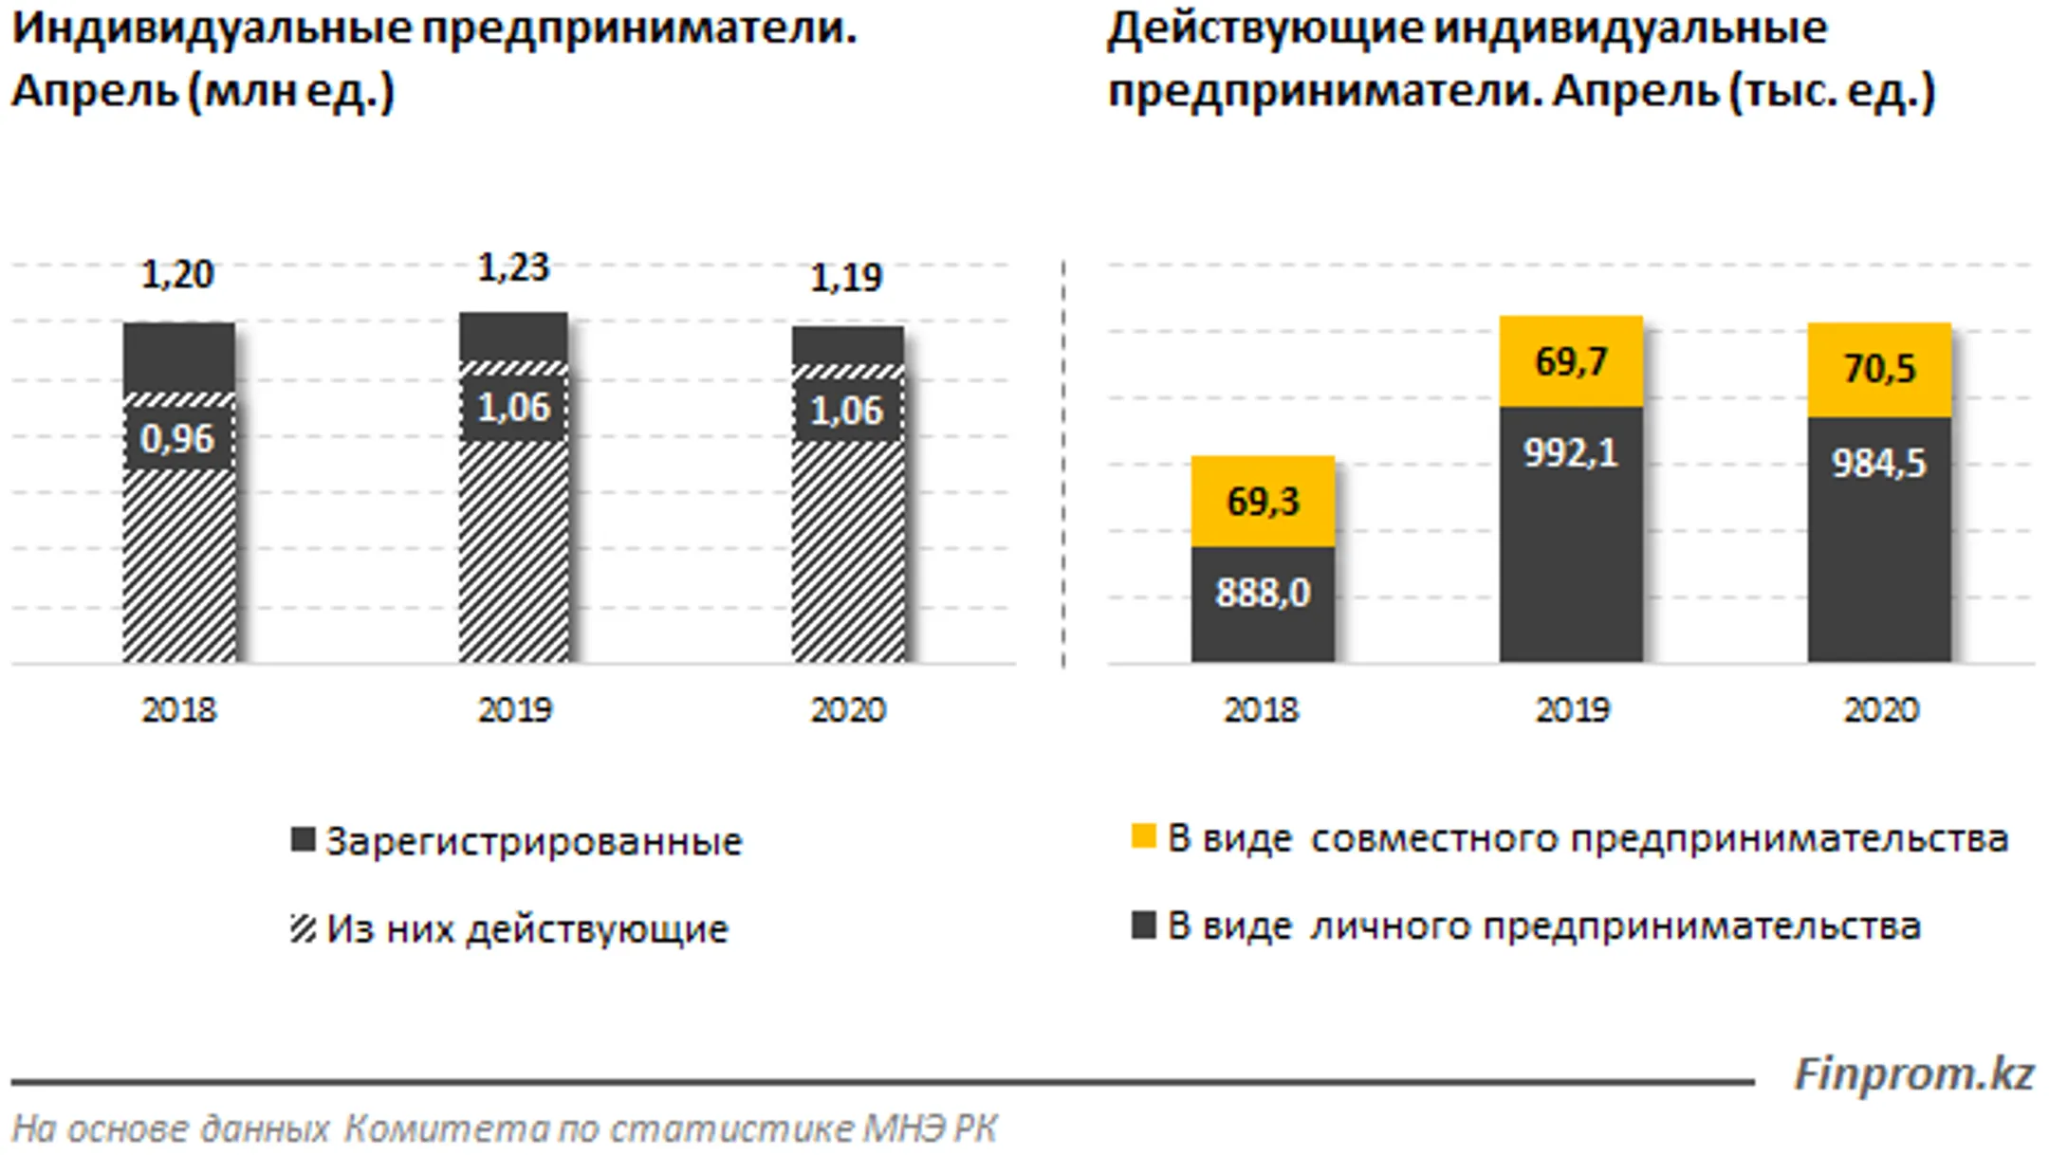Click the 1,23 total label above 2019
(513, 268)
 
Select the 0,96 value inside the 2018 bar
(177, 439)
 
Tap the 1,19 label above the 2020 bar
(846, 278)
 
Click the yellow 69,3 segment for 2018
(1263, 502)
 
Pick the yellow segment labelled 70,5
(1879, 369)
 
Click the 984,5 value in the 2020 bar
(1879, 464)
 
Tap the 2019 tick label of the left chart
(514, 710)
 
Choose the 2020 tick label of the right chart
(1880, 710)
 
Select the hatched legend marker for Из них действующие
(303, 928)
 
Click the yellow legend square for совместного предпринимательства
(1144, 837)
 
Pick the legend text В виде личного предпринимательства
(1543, 926)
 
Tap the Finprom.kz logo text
(1913, 1075)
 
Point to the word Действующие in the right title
(1264, 28)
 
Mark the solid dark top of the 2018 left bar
(179, 356)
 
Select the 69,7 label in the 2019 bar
(1571, 361)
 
